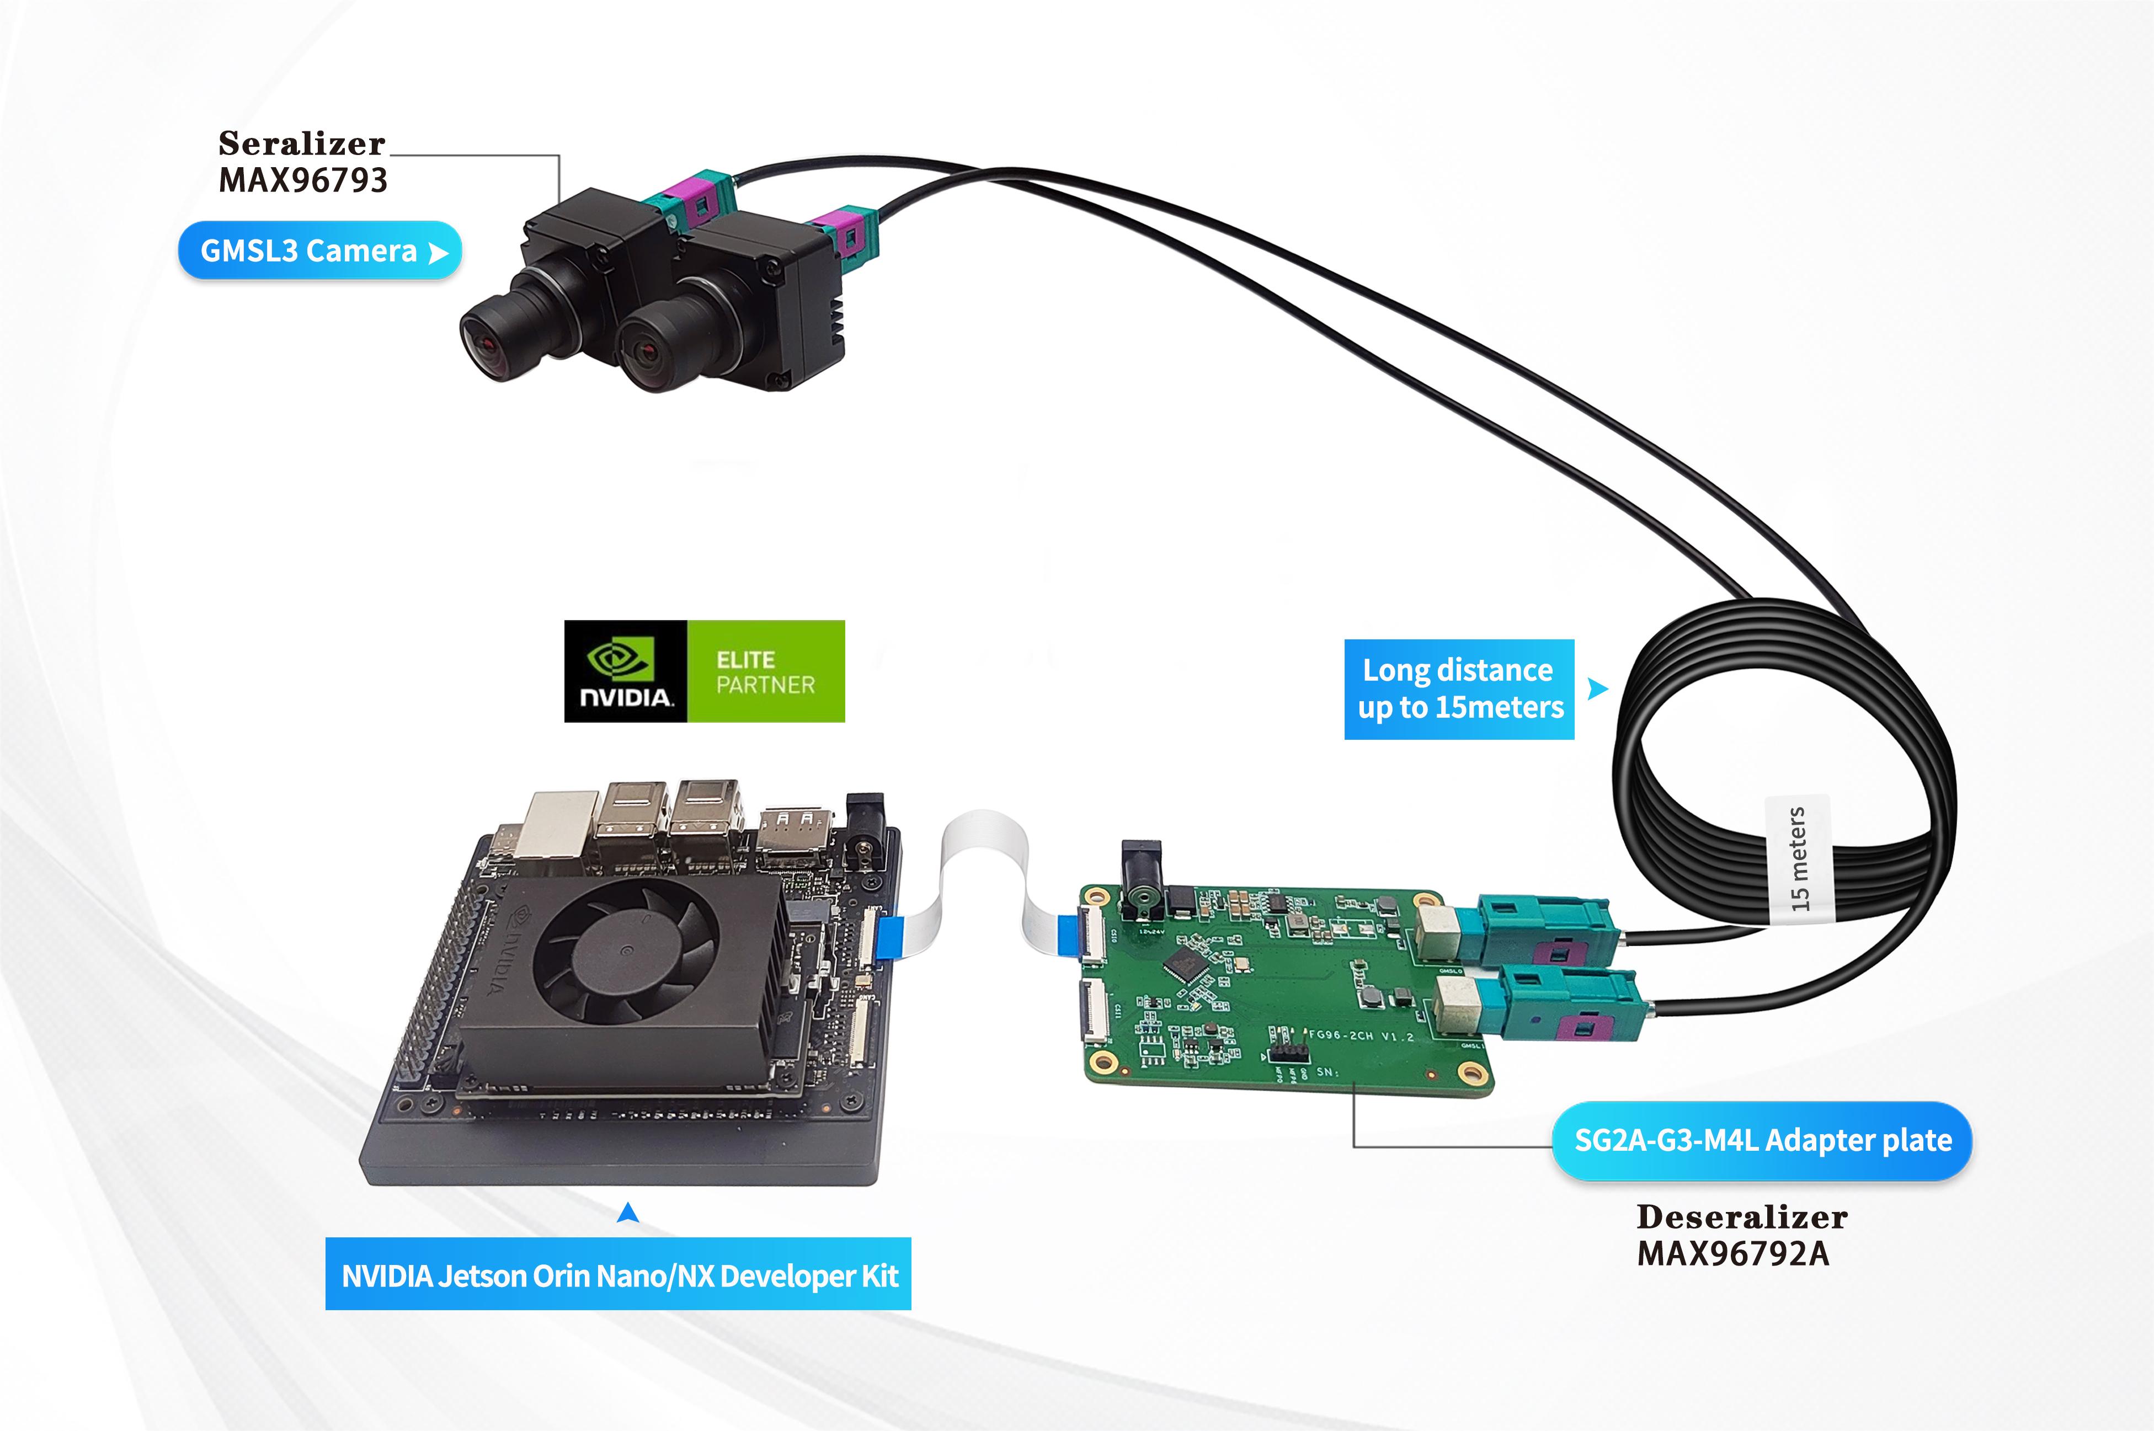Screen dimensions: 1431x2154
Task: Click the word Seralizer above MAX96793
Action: (301, 143)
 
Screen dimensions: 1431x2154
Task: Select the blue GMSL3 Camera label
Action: (319, 250)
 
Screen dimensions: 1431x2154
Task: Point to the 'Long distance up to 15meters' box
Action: (1458, 689)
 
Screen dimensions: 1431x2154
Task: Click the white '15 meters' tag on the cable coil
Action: (1797, 858)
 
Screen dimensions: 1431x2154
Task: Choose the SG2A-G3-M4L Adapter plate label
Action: (1762, 1141)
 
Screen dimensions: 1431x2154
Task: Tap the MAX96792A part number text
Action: (1732, 1254)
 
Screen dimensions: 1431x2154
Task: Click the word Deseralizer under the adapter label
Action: (1741, 1216)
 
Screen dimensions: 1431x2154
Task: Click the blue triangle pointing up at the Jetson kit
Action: (628, 1213)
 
